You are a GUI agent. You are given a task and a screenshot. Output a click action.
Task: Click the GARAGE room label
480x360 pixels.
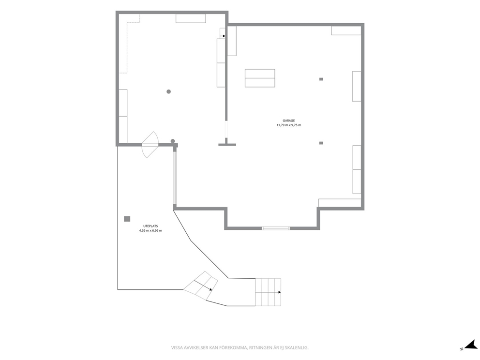(x=289, y=120)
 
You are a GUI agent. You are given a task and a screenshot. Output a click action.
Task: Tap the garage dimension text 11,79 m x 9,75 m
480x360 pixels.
(x=289, y=125)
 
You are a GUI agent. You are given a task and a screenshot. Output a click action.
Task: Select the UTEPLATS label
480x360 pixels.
(x=150, y=226)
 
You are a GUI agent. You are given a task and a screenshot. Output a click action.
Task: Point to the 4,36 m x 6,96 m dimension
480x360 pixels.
(x=150, y=230)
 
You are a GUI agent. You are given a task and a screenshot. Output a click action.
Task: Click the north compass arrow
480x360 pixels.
(x=471, y=345)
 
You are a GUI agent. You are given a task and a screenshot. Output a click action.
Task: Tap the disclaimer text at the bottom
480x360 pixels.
(x=240, y=348)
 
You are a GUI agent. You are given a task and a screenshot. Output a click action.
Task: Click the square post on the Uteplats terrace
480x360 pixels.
(x=127, y=219)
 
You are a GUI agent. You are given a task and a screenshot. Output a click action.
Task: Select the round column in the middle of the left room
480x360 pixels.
(x=168, y=91)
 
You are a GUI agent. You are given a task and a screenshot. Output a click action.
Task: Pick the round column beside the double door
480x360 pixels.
(x=173, y=141)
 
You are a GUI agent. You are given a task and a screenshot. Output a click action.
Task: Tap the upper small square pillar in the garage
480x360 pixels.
(x=321, y=79)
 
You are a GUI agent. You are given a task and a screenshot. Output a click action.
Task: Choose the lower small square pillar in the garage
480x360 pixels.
(x=321, y=143)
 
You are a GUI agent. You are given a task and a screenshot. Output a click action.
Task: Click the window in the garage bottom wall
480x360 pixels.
(x=276, y=228)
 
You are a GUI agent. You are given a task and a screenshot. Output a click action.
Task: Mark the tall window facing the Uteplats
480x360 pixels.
(x=175, y=178)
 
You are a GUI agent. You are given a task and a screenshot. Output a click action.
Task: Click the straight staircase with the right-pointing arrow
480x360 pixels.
(x=268, y=292)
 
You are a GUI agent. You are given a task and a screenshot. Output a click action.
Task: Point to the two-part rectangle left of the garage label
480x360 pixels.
(x=260, y=78)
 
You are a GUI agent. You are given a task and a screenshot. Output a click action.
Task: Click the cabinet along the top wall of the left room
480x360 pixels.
(x=191, y=18)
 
